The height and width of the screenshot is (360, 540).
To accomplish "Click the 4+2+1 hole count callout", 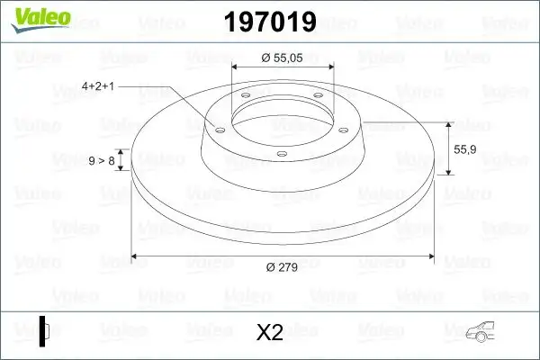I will click(x=101, y=86).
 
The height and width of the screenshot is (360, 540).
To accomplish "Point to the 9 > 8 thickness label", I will click(x=102, y=160).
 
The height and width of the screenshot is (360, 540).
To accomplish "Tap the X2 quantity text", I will click(x=269, y=332).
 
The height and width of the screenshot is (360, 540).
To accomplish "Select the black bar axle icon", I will click(x=42, y=329).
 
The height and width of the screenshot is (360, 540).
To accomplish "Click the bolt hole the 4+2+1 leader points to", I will click(x=217, y=130).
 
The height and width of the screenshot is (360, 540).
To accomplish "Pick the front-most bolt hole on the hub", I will click(x=281, y=153).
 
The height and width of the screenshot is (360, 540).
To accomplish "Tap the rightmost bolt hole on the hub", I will click(x=344, y=125).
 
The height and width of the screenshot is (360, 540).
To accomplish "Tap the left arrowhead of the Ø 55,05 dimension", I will click(x=236, y=67).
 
